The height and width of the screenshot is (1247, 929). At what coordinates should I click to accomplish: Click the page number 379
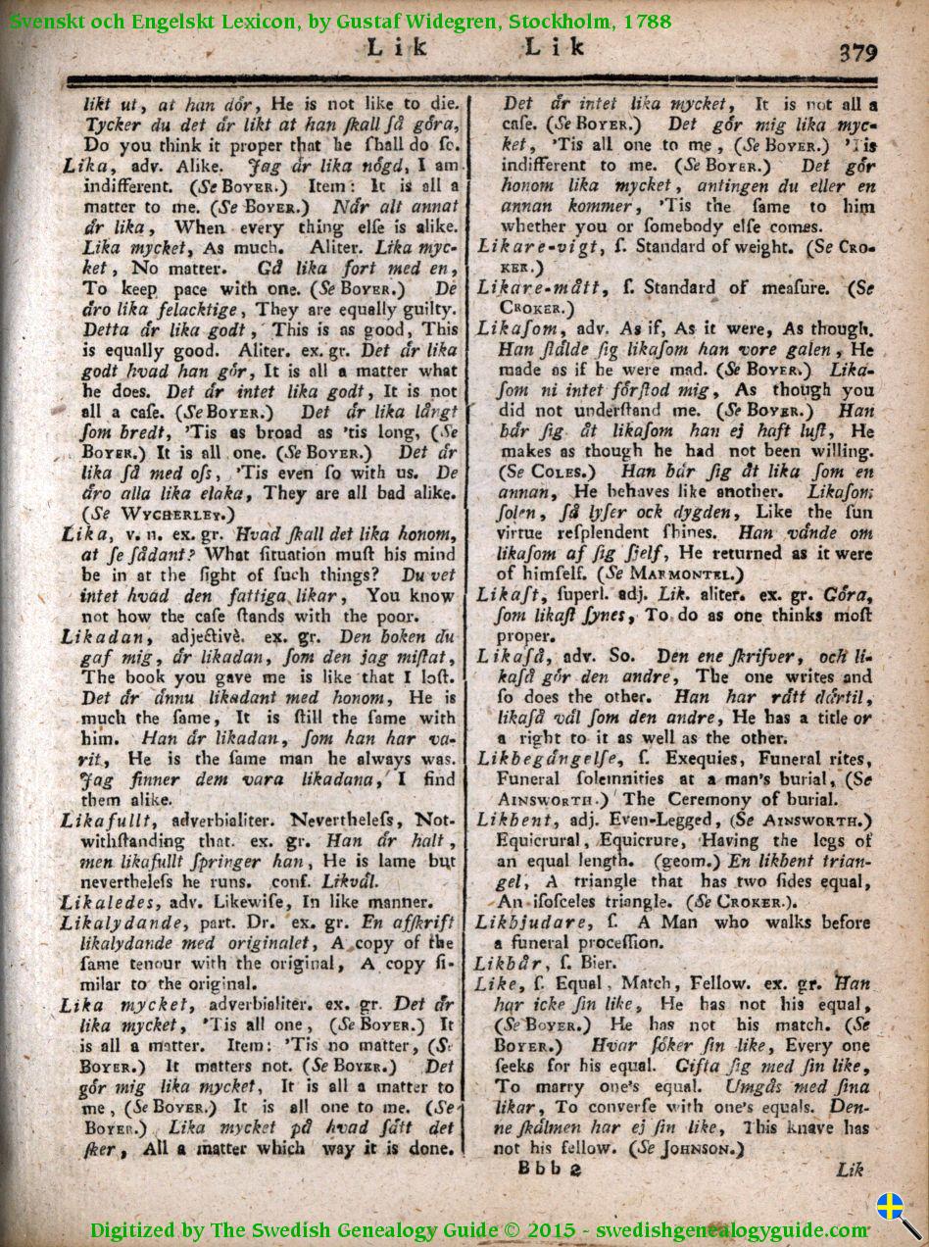click(857, 52)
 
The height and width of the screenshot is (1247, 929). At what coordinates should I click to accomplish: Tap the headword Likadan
click(94, 637)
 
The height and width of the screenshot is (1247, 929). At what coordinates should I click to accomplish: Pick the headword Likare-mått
click(538, 287)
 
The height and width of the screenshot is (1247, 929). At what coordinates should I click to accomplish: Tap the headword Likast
click(509, 594)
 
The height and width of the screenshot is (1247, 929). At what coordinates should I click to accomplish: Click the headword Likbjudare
click(533, 922)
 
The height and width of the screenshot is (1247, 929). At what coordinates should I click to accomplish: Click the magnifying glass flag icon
click(897, 1214)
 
